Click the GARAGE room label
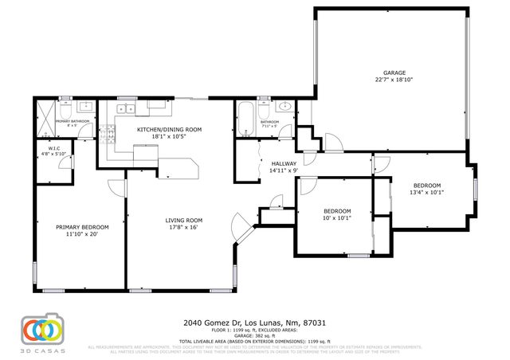coord(389,72)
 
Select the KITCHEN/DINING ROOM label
coord(169,129)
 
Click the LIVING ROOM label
coord(184,220)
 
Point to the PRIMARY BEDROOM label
coord(82,227)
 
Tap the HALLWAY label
coord(283,162)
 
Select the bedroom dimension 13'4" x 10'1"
coord(426,191)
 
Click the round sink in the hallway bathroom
coord(284,108)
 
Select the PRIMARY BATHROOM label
coord(72,121)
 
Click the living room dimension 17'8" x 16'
coord(184,227)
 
